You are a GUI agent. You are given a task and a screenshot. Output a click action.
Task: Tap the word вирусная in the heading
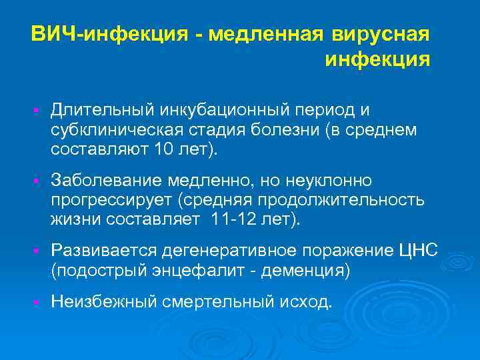383,33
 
